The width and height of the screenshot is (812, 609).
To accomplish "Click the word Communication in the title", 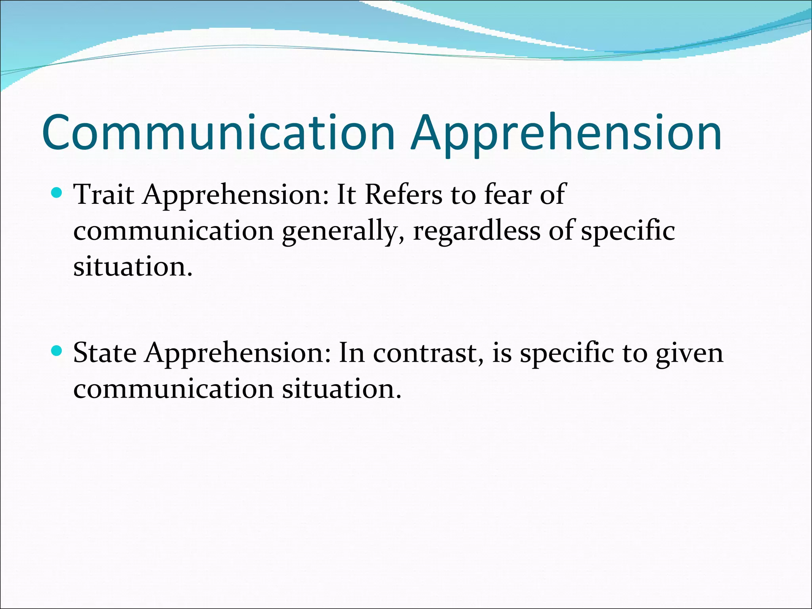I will point(218,132).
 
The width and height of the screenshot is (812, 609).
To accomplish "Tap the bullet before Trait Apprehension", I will point(57,193).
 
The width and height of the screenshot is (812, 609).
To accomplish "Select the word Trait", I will point(104,195).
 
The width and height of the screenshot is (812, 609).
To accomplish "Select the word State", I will point(105,353).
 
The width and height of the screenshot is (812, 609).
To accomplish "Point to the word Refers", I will point(403,195).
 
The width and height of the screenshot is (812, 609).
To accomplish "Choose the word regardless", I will point(476,232).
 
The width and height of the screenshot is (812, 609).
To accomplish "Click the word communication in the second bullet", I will point(173,389).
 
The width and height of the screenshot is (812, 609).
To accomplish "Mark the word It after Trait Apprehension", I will point(346,195).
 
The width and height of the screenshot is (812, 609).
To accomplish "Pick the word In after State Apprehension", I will point(351,353).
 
